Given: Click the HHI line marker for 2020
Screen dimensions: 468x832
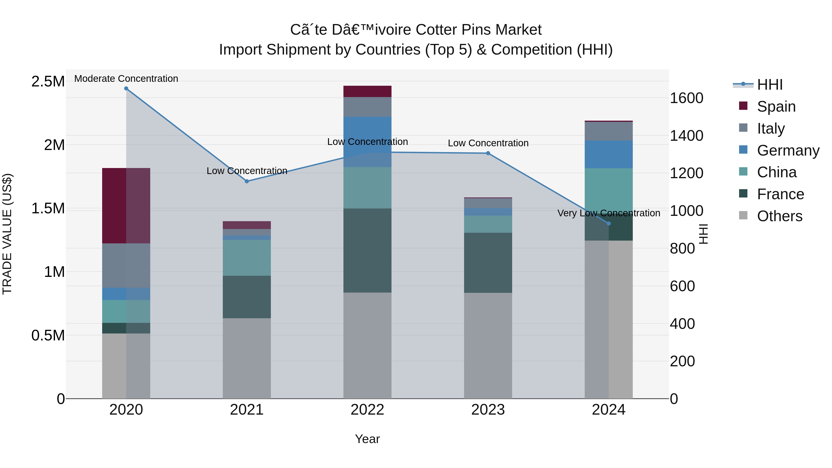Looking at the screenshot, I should coord(126,89).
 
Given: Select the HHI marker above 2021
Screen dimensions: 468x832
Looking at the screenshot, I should coord(247,181).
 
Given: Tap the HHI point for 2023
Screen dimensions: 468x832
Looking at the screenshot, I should coord(488,153).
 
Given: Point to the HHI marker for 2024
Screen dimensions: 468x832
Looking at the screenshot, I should coord(609,223).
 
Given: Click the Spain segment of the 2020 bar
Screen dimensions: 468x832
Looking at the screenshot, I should coord(126,205).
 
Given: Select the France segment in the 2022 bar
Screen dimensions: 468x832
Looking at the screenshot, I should coord(367,250).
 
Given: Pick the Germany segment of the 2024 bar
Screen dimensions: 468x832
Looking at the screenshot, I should coord(609,154).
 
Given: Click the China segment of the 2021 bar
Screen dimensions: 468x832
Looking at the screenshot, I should coord(247,257).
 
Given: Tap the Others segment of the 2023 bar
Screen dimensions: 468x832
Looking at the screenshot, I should coord(488,346).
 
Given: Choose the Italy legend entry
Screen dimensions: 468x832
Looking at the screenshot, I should coord(771,128).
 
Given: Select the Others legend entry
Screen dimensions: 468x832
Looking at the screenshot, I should coord(779,216).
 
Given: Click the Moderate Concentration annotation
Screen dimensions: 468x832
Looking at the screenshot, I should coord(126,79).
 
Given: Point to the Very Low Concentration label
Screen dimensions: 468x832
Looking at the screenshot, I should coord(609,213).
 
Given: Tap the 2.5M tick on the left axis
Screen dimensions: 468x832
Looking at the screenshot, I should coord(48,81).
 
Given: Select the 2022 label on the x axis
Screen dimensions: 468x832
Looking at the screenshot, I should coord(367,410).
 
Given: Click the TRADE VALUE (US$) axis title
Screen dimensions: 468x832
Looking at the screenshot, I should coord(7,234).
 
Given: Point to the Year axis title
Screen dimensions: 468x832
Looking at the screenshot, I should coord(367,439).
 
